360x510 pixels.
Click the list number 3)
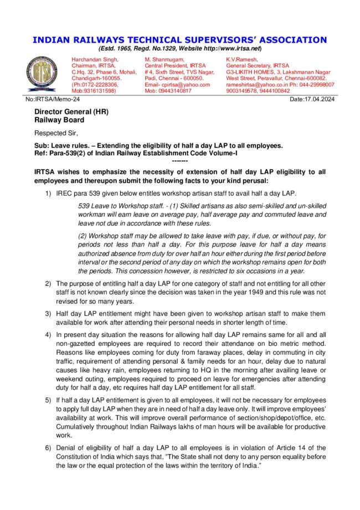coord(48,313)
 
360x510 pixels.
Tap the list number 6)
coord(48,447)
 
